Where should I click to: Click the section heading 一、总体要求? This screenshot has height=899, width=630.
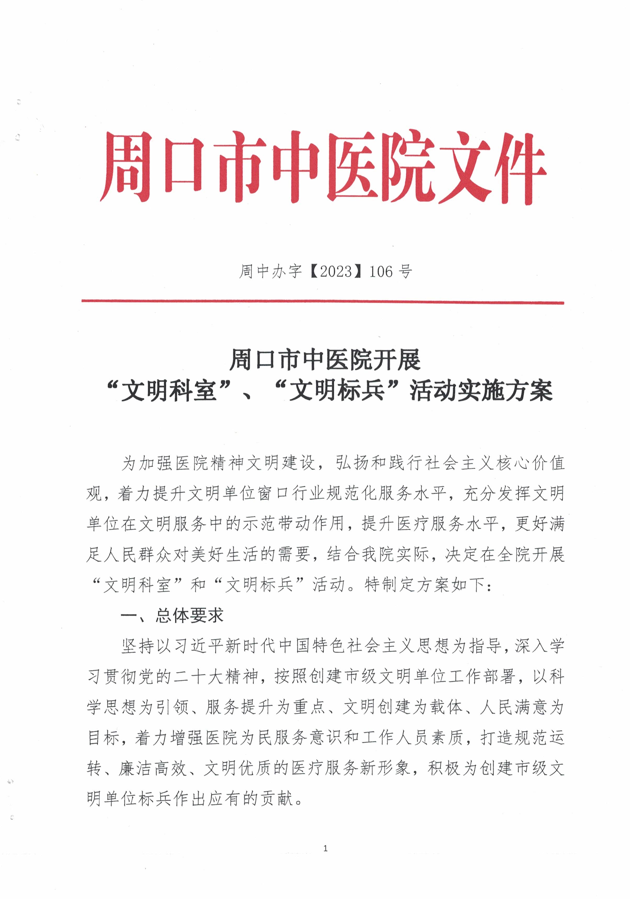(172, 616)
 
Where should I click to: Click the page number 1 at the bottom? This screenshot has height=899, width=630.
(326, 849)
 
